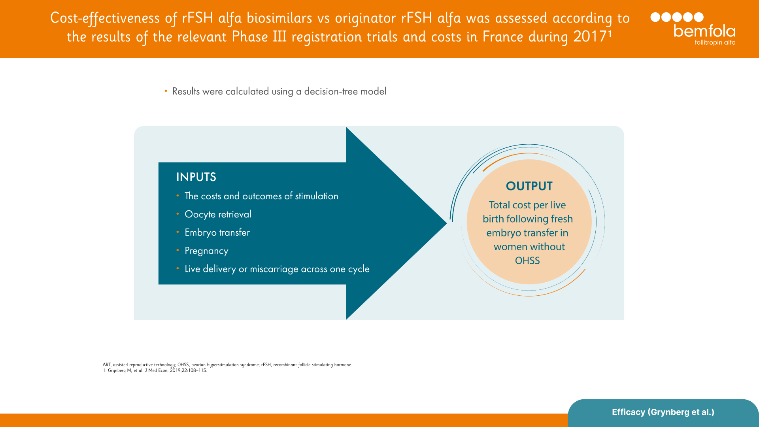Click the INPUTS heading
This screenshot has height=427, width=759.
[196, 177]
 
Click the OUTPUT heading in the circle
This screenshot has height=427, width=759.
[529, 186]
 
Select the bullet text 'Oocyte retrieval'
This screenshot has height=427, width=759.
[218, 214]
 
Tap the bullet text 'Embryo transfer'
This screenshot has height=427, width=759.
[217, 232]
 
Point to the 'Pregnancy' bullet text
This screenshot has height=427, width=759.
[206, 251]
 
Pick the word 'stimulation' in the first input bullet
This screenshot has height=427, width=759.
[316, 196]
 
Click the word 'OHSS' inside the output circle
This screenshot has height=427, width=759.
[527, 261]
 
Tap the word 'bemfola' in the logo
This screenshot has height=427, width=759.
[704, 31]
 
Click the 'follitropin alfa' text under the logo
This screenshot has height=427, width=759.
[715, 42]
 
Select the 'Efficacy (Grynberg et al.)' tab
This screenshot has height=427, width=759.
[663, 412]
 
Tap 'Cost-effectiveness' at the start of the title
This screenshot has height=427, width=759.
[105, 19]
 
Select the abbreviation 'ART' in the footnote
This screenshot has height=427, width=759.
[107, 365]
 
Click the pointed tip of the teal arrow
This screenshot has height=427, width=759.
[446, 223]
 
